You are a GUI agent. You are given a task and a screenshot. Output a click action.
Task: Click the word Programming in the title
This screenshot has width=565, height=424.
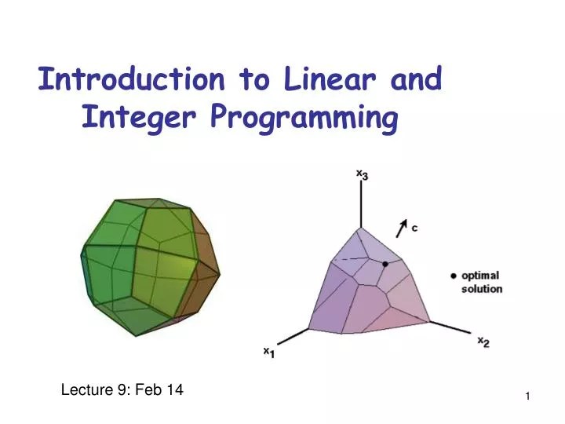[304, 119]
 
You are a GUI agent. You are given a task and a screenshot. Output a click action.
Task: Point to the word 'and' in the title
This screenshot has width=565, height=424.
[414, 79]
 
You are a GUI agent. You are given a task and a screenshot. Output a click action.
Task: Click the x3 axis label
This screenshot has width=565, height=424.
[362, 175]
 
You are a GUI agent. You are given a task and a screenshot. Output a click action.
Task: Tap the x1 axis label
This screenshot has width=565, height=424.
[268, 353]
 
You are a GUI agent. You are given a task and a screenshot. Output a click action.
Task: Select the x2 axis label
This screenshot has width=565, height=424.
[484, 342]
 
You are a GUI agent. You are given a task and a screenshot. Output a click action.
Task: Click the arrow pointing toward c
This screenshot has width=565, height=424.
[401, 227]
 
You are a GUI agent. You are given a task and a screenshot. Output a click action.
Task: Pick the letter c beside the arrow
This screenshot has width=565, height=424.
[414, 228]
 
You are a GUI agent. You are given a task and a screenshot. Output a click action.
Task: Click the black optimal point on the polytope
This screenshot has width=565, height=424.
[385, 265]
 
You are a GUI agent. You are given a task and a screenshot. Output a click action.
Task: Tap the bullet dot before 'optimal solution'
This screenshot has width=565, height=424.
[453, 276]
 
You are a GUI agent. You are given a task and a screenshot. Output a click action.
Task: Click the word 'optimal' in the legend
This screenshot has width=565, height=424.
[479, 276]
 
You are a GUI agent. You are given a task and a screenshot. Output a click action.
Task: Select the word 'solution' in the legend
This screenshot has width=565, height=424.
[481, 289]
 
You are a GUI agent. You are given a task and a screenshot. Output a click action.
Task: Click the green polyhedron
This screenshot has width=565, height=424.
[149, 263]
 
